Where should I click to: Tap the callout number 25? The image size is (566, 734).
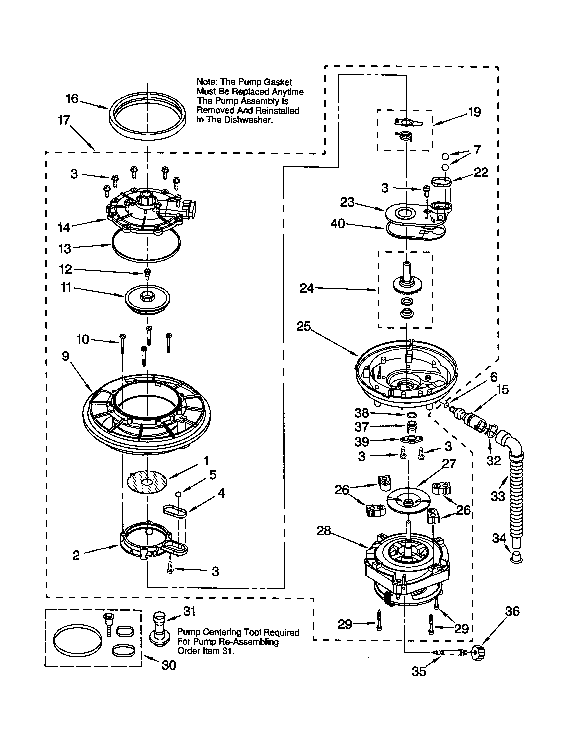click(x=303, y=326)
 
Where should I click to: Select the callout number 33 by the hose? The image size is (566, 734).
click(x=498, y=496)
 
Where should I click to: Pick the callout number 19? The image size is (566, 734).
click(x=474, y=112)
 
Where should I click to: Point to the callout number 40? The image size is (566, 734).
click(x=338, y=223)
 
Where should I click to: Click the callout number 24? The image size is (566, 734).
click(x=306, y=288)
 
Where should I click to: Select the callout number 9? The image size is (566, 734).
click(x=65, y=356)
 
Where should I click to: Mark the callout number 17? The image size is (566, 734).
click(x=64, y=120)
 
